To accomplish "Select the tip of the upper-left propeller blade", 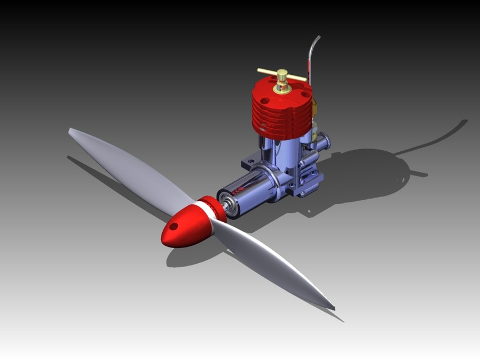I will point(71,131).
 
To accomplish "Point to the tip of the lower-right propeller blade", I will point(333,308).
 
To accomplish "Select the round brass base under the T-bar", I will point(281,88).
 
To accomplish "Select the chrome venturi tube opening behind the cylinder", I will point(325,141).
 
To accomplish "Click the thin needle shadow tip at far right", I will point(465,121).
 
